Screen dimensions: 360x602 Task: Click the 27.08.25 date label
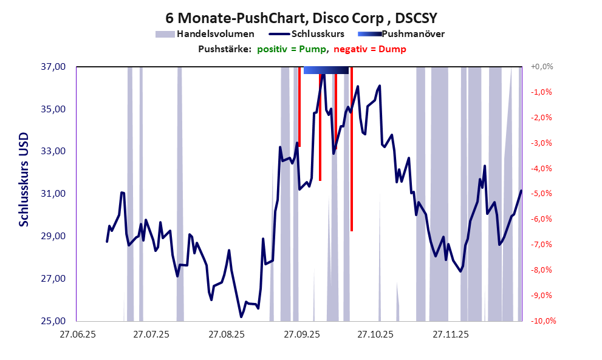(226, 334)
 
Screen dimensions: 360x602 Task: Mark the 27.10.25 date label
(375, 334)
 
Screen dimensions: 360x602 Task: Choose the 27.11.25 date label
(450, 334)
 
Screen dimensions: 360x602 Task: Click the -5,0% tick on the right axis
(541, 194)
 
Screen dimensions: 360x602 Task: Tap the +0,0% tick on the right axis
(541, 67)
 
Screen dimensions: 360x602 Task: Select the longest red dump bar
(352, 152)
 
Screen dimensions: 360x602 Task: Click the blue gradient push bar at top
(326, 70)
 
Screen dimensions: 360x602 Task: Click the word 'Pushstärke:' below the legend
(224, 49)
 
